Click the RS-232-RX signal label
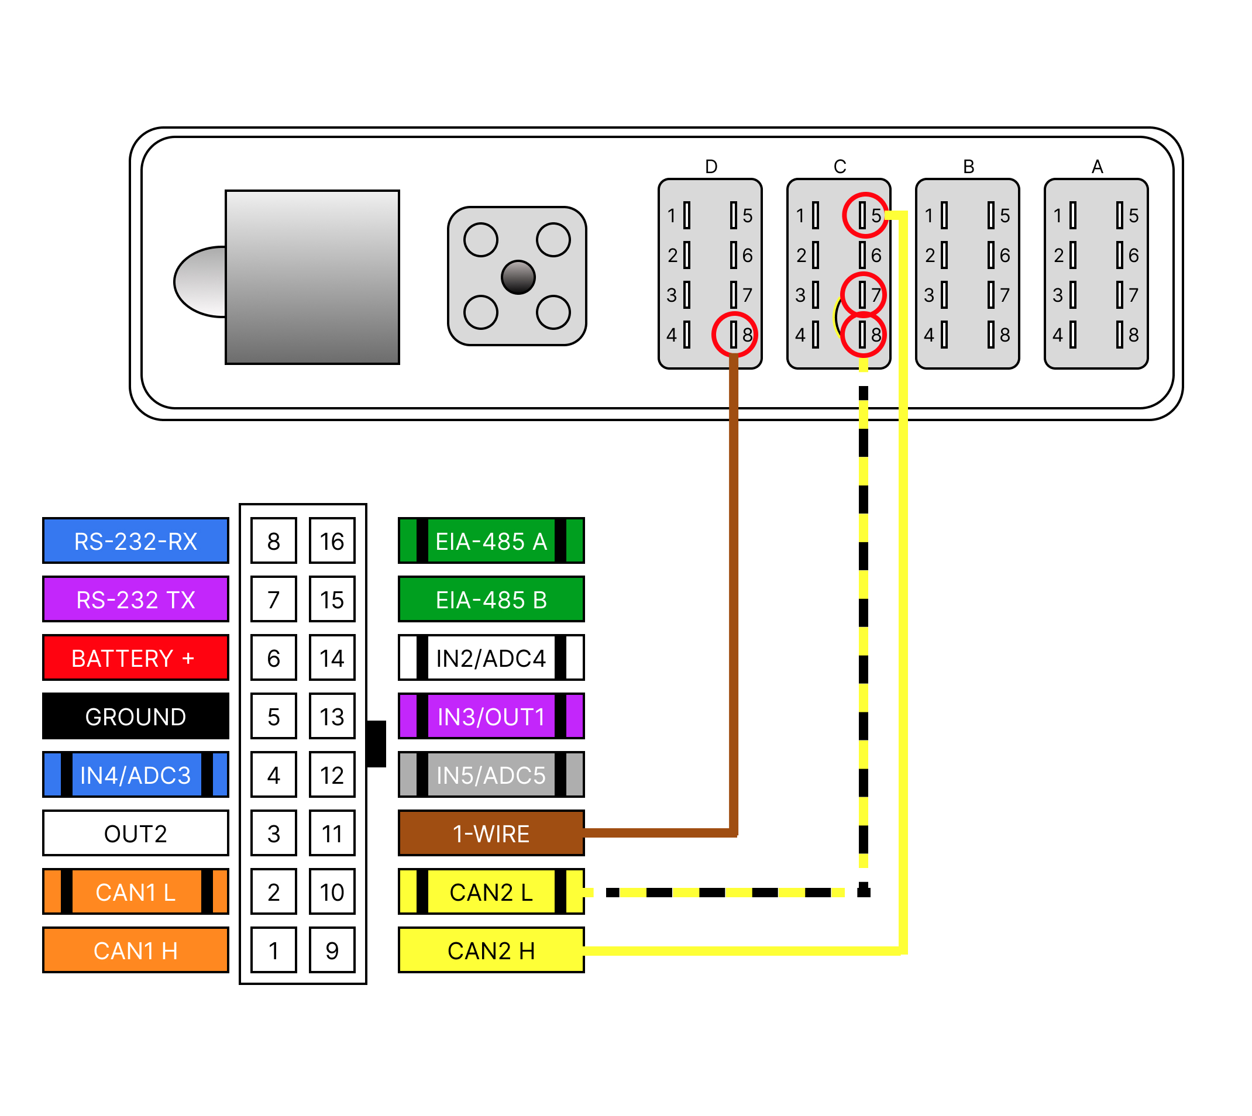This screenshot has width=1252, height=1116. coord(136,541)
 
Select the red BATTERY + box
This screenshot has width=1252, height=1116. coord(136,658)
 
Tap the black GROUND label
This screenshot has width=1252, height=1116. coord(136,716)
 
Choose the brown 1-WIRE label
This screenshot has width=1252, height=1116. coord(491,833)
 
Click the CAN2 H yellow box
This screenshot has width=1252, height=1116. coord(491,950)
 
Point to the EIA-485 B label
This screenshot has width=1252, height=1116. coord(491,599)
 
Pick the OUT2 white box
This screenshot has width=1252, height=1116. coord(136,833)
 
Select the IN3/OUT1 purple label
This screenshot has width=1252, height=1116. coord(491,716)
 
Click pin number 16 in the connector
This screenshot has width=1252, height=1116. coord(332,541)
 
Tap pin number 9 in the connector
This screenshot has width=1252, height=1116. coord(332,950)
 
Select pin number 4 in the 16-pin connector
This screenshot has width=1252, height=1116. coord(274,775)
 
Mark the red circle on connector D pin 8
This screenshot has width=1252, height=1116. coord(734,334)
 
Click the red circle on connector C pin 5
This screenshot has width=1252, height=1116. coord(864,215)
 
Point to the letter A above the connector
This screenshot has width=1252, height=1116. coord(1097,167)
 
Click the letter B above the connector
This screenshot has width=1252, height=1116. coord(969,167)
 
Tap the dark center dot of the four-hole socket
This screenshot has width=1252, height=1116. coord(518,277)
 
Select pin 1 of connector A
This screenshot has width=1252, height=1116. coord(1072,215)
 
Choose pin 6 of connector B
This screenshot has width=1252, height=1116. coord(991,255)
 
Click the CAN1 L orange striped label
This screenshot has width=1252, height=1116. coord(136,891)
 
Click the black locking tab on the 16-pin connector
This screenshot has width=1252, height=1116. coord(376,743)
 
